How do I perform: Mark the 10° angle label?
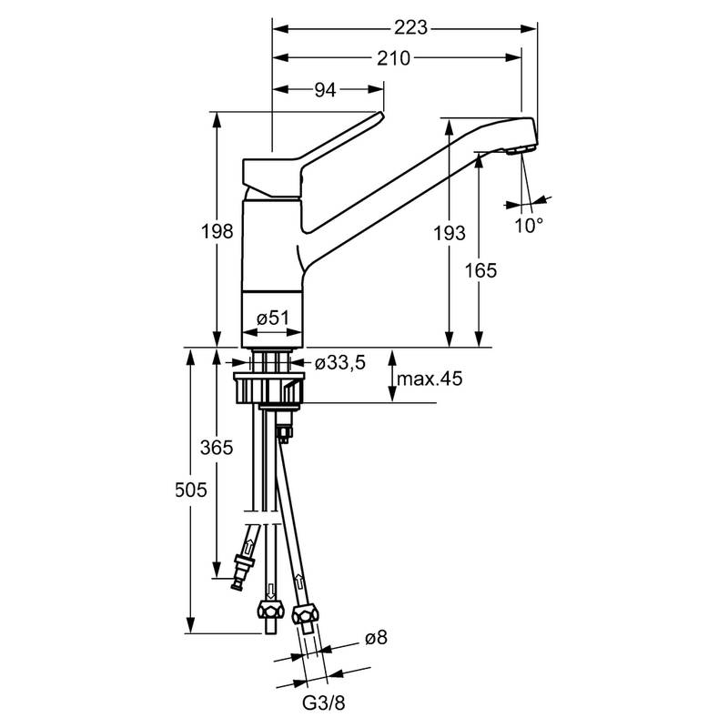point(528,224)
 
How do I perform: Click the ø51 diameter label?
point(272,318)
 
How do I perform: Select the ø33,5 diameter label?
point(339,363)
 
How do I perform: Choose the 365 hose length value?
point(217,447)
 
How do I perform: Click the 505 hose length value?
point(192,490)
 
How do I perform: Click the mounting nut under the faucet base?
point(270,387)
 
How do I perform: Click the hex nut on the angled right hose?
point(308,615)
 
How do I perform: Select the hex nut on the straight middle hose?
point(269,610)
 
